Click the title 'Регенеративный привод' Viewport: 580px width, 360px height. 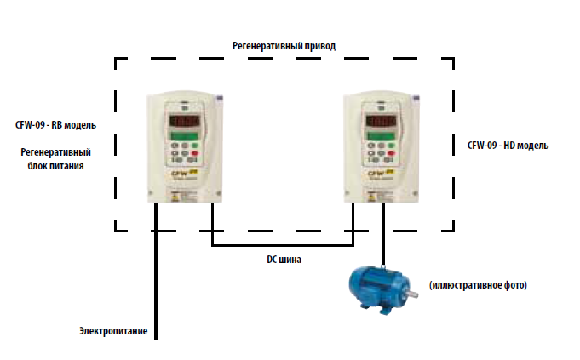284,43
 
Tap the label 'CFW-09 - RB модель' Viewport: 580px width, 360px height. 55,124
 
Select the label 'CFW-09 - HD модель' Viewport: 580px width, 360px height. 508,145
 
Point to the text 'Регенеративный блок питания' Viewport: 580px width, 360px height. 55,159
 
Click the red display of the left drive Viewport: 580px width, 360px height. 186,121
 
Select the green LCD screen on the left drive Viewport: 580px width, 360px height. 185,137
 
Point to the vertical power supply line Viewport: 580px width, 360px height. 157,281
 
